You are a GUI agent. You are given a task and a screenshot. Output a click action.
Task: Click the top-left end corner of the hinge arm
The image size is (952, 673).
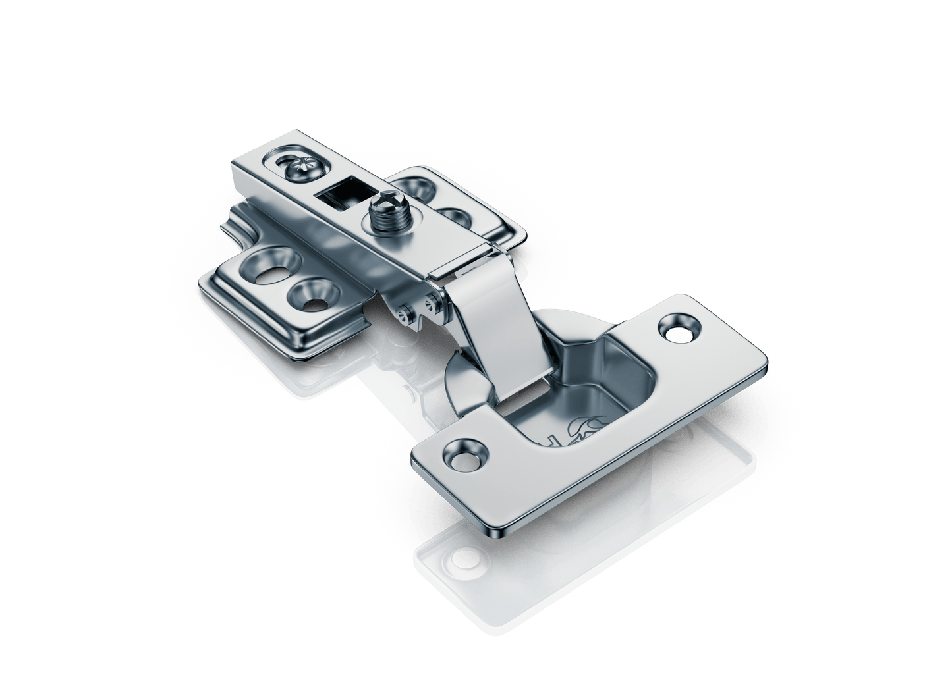[235, 163]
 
